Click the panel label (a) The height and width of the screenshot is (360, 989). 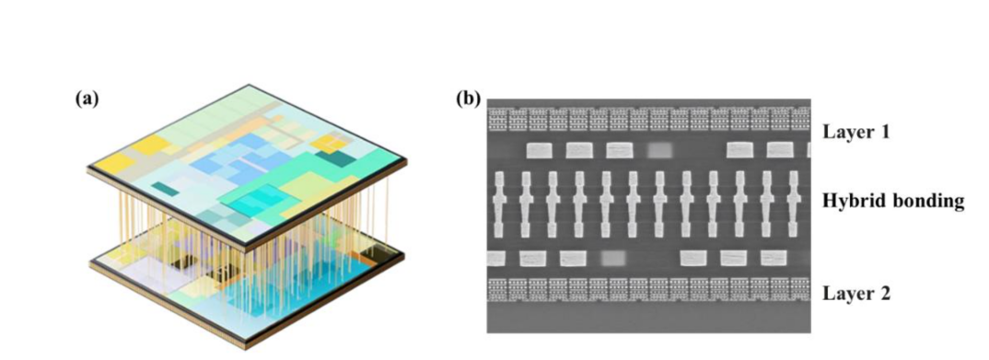(87, 99)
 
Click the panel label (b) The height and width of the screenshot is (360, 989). (468, 99)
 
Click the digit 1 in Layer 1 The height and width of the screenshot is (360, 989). (884, 133)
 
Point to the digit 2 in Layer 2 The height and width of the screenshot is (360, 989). (884, 293)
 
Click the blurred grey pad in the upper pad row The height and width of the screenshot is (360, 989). (660, 150)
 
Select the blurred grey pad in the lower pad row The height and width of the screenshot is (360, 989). (613, 258)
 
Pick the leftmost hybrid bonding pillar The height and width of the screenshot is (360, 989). (499, 202)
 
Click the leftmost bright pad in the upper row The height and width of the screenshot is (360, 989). (540, 150)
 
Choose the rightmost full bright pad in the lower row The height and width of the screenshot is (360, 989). (774, 258)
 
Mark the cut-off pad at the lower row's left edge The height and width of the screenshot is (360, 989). (496, 258)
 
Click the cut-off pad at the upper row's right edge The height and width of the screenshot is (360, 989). (809, 150)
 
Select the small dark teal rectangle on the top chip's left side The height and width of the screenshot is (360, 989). (165, 188)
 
